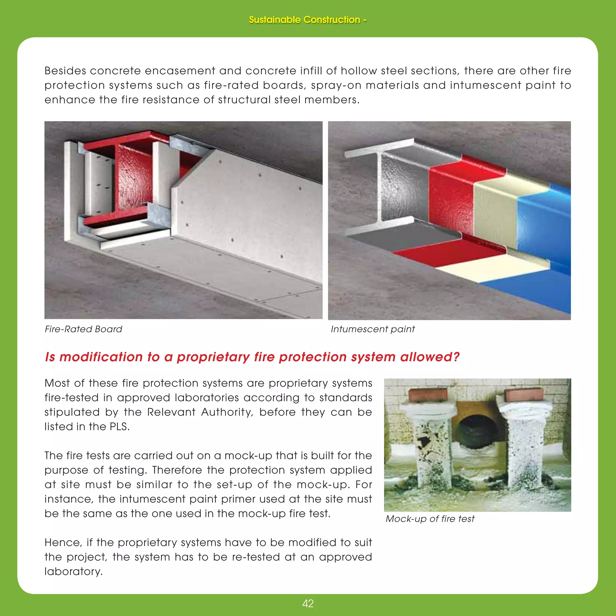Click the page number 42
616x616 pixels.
(308, 604)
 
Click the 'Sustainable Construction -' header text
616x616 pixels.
(308, 20)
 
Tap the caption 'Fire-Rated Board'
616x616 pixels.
(83, 329)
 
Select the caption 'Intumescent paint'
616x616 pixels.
(372, 329)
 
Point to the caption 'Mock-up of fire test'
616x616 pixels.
(430, 519)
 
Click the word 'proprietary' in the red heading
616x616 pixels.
(213, 357)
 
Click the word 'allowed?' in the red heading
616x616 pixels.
(430, 357)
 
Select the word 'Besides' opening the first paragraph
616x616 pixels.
(65, 71)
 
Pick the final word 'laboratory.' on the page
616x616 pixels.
(74, 571)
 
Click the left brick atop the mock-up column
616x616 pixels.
(428, 395)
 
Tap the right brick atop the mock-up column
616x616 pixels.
(524, 395)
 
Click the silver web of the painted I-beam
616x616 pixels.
(403, 188)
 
